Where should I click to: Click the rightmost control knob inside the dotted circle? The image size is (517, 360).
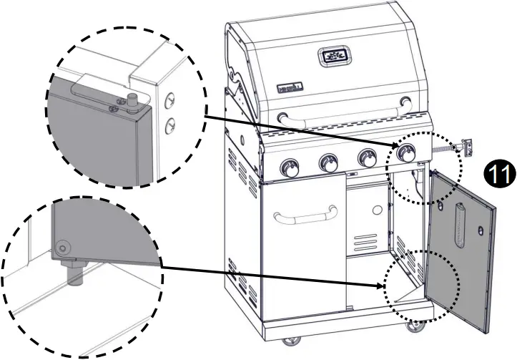tap(406, 152)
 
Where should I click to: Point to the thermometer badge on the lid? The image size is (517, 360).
tap(333, 56)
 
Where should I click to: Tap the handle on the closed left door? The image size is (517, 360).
tap(304, 213)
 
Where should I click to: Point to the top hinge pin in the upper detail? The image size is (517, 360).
tap(132, 99)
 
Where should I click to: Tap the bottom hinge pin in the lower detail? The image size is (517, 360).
tap(73, 272)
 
